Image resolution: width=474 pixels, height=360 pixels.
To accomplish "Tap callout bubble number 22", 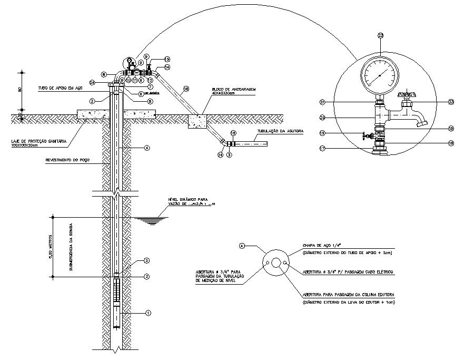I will [x=381, y=35].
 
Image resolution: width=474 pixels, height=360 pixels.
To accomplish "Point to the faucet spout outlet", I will [x=421, y=124].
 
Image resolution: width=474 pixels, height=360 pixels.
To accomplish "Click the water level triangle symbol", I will [x=151, y=221].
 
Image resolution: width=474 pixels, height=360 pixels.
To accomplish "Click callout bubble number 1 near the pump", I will [x=148, y=313].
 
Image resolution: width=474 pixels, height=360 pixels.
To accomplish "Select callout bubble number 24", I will [x=93, y=82].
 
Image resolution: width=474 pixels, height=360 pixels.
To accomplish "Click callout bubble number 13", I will [x=167, y=59].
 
